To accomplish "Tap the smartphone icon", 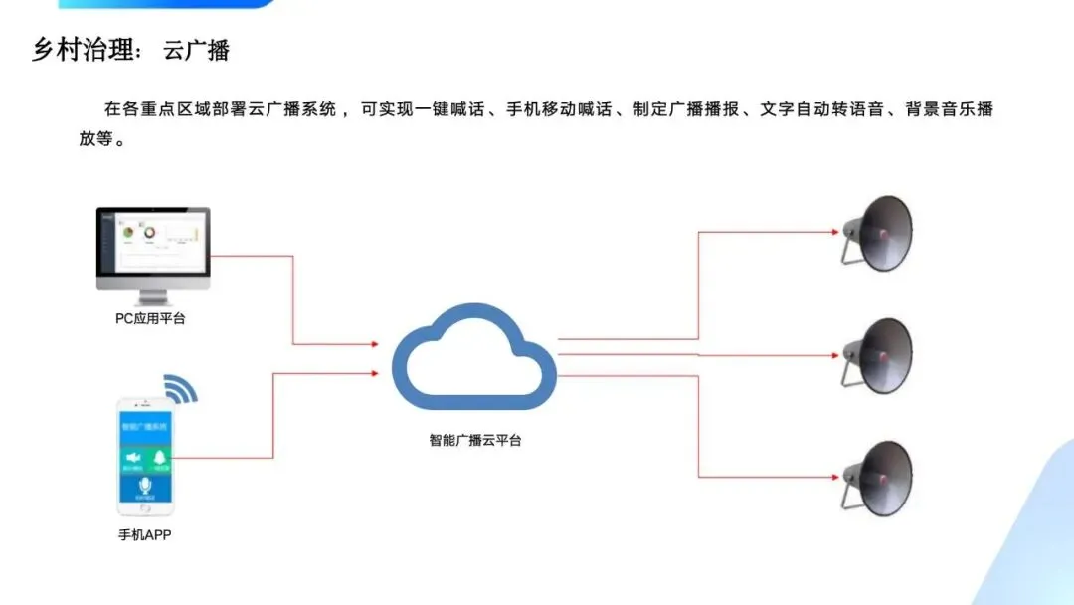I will [x=146, y=457].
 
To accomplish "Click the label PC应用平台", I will [x=151, y=319].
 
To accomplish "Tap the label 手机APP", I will [x=146, y=535].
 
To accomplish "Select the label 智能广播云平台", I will [x=475, y=439].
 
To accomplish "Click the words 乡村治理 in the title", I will [x=84, y=50].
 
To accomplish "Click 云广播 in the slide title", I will [x=197, y=50].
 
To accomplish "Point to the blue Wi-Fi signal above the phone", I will [x=180, y=388].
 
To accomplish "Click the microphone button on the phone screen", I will [x=146, y=487].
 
